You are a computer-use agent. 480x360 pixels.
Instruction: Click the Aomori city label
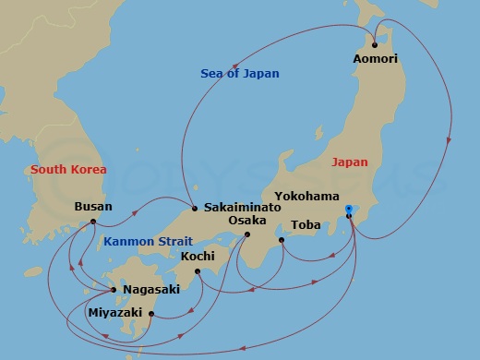pyautogui.click(x=375, y=58)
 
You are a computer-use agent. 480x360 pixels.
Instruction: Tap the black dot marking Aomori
pyautogui.click(x=375, y=44)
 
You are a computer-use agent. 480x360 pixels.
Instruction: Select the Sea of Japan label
pyautogui.click(x=240, y=73)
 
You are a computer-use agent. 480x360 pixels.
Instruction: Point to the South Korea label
pyautogui.click(x=68, y=169)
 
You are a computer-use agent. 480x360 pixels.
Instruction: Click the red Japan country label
pyautogui.click(x=349, y=162)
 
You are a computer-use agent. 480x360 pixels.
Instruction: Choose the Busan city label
pyautogui.click(x=92, y=207)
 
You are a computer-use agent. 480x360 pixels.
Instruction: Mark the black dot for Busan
pyautogui.click(x=93, y=222)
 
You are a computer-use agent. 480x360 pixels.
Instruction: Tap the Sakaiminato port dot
pyautogui.click(x=195, y=209)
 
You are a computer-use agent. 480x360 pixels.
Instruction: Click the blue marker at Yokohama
pyautogui.click(x=349, y=210)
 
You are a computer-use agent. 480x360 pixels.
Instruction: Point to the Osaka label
pyautogui.click(x=247, y=221)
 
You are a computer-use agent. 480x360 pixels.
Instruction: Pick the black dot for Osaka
pyautogui.click(x=247, y=234)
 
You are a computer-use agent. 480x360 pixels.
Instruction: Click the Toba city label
pyautogui.click(x=306, y=224)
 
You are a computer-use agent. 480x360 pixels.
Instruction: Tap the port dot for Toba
pyautogui.click(x=282, y=239)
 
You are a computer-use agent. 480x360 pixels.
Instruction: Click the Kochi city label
pyautogui.click(x=198, y=256)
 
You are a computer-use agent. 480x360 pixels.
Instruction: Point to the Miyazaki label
pyautogui.click(x=114, y=313)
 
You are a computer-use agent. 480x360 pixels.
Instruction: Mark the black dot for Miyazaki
pyautogui.click(x=151, y=314)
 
